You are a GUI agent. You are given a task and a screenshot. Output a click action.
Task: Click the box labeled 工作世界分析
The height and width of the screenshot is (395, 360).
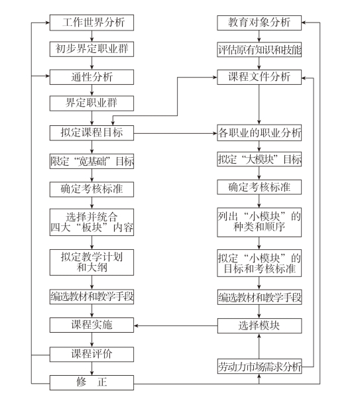[91, 23]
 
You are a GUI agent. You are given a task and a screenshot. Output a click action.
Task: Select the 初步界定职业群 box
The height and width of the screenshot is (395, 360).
[91, 49]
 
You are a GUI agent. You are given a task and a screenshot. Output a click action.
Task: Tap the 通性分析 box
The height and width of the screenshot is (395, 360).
[91, 77]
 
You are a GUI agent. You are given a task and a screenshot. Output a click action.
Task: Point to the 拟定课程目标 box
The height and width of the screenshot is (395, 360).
[91, 133]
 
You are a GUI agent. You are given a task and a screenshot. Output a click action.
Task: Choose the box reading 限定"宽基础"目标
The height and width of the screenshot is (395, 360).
[91, 161]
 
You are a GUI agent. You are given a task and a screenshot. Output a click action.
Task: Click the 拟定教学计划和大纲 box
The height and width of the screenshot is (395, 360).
[91, 262]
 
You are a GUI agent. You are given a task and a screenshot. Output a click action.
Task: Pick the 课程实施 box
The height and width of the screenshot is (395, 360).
[91, 325]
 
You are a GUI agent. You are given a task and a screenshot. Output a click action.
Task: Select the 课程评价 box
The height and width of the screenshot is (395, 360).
[91, 355]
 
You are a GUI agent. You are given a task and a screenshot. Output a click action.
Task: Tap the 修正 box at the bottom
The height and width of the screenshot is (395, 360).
[91, 382]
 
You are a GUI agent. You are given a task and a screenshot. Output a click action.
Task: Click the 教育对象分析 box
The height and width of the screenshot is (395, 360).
[259, 23]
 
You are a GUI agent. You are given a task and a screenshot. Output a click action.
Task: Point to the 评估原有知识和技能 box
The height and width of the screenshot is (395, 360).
[259, 50]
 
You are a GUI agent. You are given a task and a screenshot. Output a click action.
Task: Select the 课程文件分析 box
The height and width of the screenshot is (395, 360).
[259, 77]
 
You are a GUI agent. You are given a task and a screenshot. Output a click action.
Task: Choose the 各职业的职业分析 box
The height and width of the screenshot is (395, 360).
[259, 133]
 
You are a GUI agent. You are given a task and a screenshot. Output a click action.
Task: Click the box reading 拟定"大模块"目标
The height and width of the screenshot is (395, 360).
[259, 159]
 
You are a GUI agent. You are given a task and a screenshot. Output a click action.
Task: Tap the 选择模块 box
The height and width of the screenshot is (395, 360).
[259, 325]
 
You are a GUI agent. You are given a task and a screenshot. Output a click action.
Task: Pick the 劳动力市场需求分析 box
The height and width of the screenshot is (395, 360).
[259, 367]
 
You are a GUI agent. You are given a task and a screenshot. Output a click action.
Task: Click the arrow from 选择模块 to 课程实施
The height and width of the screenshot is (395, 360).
[176, 325]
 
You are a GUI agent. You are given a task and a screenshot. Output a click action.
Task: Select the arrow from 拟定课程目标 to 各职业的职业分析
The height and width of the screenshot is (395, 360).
[175, 133]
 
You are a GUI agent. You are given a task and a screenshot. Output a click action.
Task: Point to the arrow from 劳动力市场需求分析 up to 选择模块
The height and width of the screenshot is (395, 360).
[259, 346]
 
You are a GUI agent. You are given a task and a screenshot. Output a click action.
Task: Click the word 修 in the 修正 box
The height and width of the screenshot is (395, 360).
[82, 382]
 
